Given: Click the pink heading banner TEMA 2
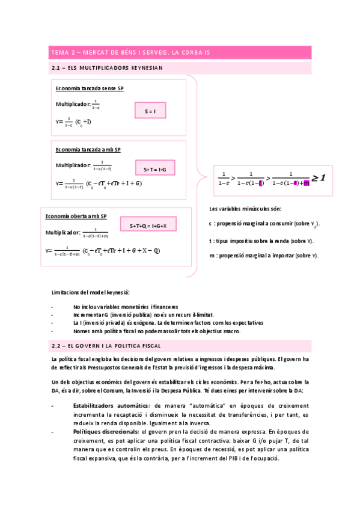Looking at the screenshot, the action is [x=180, y=52].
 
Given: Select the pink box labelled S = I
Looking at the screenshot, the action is [x=150, y=111].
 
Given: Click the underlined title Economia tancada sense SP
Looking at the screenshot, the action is [x=90, y=88].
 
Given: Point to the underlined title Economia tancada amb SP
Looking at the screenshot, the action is [x=88, y=149].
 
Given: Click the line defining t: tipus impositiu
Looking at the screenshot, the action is [x=261, y=241].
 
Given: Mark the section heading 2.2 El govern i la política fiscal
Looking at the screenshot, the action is [x=106, y=346].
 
